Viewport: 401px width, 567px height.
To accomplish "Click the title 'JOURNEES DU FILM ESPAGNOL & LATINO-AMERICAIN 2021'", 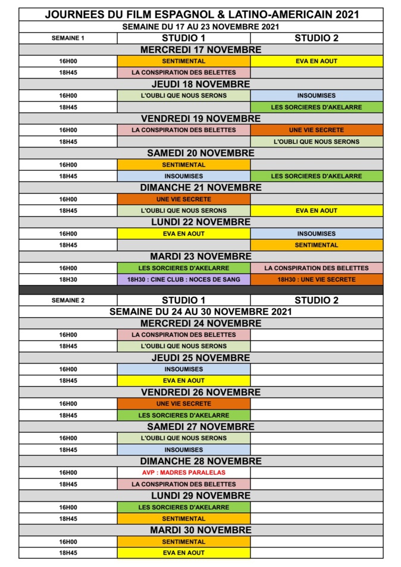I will [x=200, y=15].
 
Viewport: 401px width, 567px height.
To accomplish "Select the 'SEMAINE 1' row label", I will [x=68, y=38].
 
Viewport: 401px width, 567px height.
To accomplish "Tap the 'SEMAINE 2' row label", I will [x=68, y=300].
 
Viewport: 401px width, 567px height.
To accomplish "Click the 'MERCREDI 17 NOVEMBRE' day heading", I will [x=200, y=49].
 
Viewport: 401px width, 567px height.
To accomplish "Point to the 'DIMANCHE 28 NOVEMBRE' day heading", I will [x=200, y=461].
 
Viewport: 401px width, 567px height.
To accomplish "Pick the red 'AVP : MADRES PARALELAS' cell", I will [x=183, y=472].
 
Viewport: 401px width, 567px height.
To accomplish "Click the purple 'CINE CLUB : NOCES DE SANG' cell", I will [x=183, y=279].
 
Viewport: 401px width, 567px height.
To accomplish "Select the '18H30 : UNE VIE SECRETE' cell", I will [x=316, y=279].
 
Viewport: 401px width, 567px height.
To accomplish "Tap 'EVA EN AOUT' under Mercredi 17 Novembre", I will [x=316, y=61].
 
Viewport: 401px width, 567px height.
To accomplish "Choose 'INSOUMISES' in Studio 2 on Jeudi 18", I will [x=316, y=95].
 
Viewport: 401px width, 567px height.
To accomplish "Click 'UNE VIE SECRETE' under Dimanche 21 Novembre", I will [x=183, y=199].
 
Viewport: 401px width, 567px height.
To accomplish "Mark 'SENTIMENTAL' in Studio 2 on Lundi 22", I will [x=316, y=245].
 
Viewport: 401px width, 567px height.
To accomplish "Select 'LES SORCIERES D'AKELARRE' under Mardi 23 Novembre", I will [x=183, y=268].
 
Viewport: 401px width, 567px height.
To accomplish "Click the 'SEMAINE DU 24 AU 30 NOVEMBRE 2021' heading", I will [x=200, y=311].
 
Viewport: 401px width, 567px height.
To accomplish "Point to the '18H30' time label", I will [x=68, y=279].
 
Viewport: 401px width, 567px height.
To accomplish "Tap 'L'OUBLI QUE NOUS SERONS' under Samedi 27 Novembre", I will [x=183, y=438].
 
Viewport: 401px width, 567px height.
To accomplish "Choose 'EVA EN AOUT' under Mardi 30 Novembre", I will [x=183, y=553].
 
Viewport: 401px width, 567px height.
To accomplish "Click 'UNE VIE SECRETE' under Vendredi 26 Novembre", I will [x=183, y=403].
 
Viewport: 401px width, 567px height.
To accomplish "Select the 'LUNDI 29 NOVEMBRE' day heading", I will [x=200, y=496].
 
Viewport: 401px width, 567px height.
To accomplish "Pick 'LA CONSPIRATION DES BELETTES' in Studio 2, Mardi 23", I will [x=316, y=268].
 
